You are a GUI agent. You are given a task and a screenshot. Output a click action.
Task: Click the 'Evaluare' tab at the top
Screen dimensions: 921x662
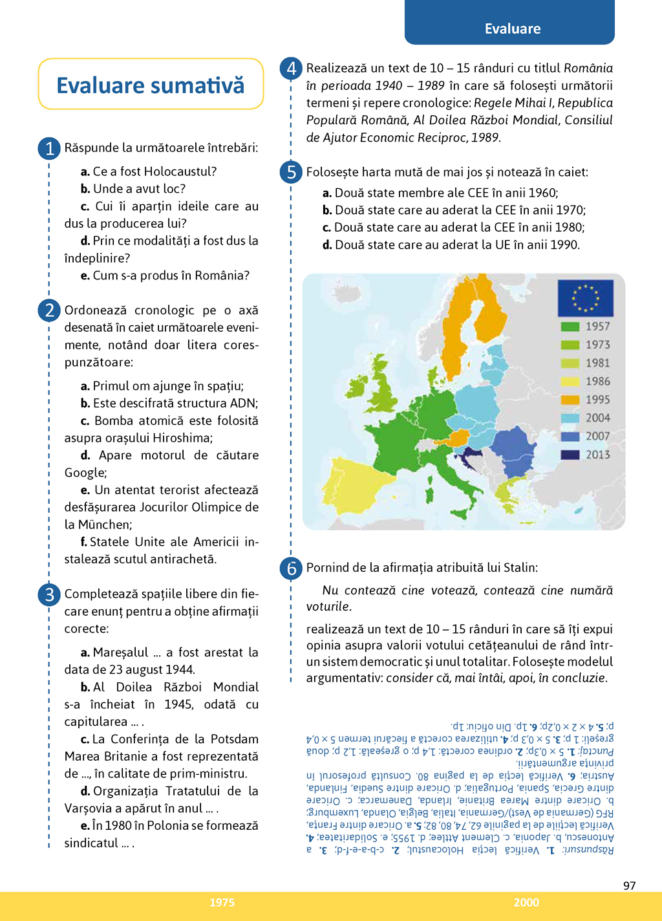tap(512, 28)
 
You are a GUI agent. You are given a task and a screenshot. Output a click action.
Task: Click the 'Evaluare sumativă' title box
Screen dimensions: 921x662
tap(151, 85)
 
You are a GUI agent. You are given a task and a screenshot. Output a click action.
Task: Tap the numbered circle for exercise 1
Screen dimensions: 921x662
tap(49, 148)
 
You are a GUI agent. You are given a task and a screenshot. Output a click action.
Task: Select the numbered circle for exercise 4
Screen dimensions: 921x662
tap(291, 68)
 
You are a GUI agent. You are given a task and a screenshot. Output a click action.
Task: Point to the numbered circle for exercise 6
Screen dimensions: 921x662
tap(291, 568)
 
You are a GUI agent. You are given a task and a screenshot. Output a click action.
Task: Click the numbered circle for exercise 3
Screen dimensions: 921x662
tap(49, 594)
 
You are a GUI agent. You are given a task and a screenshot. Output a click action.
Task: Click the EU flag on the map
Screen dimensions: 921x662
tap(585, 298)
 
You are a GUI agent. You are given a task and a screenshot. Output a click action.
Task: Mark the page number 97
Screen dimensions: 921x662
tap(629, 885)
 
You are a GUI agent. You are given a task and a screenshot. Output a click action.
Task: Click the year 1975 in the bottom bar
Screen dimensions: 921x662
tap(222, 902)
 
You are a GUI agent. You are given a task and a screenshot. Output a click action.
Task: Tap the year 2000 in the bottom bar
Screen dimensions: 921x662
tap(526, 902)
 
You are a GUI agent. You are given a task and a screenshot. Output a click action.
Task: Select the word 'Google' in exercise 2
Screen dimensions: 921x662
tap(85, 473)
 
